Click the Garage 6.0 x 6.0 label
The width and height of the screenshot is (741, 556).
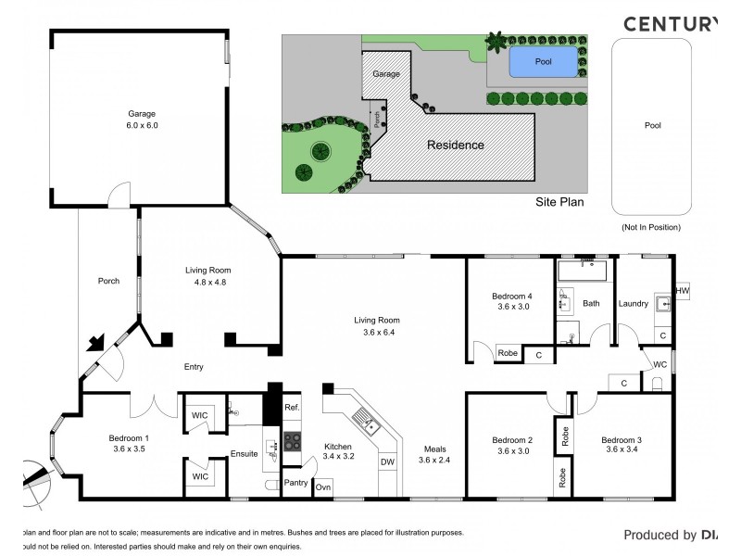(x=143, y=119)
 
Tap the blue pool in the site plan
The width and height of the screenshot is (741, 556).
(x=543, y=62)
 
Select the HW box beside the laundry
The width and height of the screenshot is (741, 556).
(x=683, y=291)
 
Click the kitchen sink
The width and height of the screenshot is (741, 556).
(x=372, y=426)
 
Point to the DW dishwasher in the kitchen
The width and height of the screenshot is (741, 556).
(x=386, y=461)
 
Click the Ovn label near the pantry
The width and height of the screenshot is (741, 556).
(x=323, y=486)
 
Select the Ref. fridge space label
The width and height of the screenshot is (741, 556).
(x=292, y=408)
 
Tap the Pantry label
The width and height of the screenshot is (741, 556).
(x=295, y=482)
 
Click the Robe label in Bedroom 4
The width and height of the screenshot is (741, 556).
(x=508, y=353)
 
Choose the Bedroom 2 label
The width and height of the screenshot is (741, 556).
(x=511, y=439)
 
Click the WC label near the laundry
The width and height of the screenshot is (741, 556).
(x=660, y=364)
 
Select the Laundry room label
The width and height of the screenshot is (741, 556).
(x=633, y=303)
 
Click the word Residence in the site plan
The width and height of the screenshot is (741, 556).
(x=455, y=145)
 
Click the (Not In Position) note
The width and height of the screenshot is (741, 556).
(x=650, y=227)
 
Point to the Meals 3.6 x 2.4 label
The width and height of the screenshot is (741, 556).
(x=433, y=454)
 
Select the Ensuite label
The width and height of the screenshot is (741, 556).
(x=244, y=454)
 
